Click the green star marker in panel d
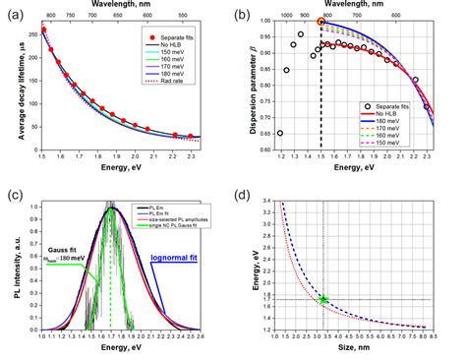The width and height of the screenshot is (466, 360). pyautogui.click(x=323, y=298)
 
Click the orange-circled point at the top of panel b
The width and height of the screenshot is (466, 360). pyautogui.click(x=320, y=22)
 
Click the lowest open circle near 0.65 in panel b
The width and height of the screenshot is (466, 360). pyautogui.click(x=280, y=133)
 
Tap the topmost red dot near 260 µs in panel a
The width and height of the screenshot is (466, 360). pyautogui.click(x=43, y=30)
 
